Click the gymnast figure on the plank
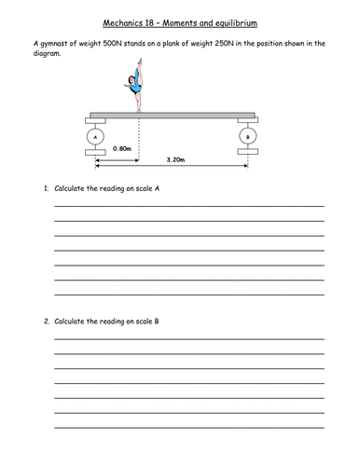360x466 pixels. (137, 92)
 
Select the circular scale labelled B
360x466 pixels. (247, 136)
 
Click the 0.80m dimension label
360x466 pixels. (120, 148)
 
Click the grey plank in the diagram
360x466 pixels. (172, 116)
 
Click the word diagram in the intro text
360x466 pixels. (48, 54)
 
